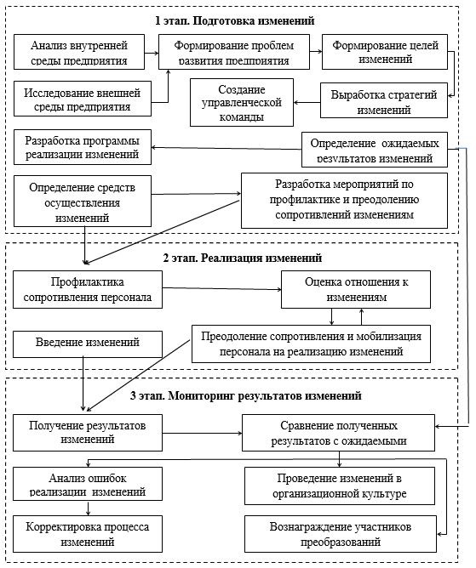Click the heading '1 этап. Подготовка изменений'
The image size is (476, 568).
[235, 20]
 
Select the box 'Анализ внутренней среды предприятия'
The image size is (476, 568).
[79, 52]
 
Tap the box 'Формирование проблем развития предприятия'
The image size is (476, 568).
[234, 52]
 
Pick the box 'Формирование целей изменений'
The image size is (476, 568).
[385, 52]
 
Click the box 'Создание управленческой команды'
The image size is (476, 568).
[242, 103]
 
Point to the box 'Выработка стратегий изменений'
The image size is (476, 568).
[384, 100]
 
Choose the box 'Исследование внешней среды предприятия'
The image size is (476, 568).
[83, 99]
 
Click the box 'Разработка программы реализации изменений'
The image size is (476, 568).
[83, 147]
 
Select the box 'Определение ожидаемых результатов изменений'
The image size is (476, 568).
[375, 150]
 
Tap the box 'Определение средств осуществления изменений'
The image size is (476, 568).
[83, 202]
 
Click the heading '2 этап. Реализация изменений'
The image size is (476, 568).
[243, 258]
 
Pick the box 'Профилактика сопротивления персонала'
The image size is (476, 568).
[88, 289]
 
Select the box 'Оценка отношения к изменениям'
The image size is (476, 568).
[356, 289]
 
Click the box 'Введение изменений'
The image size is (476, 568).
[88, 344]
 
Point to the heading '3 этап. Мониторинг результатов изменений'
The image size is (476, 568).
[245, 395]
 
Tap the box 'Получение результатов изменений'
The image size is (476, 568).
[88, 433]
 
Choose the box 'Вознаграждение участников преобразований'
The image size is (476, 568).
[341, 534]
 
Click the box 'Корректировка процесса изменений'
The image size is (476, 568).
[88, 534]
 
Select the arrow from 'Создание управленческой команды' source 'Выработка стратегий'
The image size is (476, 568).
[307, 103]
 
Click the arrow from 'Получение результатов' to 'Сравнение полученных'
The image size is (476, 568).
[202, 433]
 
